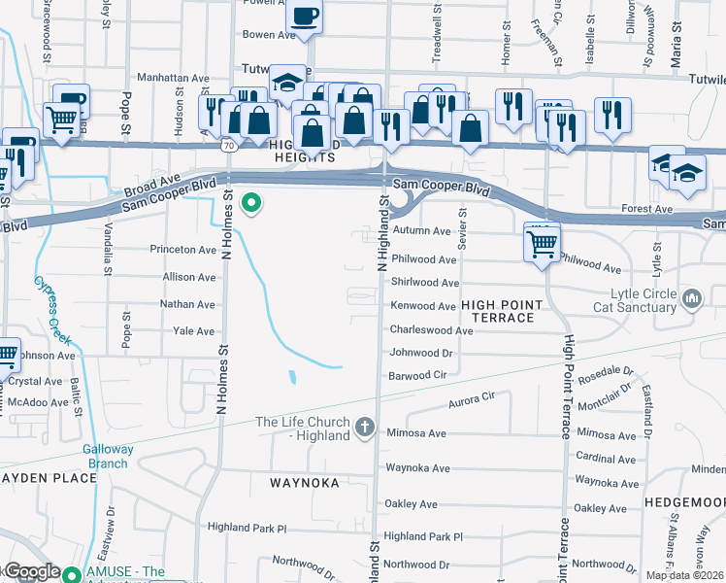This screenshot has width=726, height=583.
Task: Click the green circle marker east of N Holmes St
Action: click(251, 203)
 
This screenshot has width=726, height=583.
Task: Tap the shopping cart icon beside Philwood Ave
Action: click(542, 242)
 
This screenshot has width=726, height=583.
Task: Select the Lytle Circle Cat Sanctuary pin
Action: click(691, 296)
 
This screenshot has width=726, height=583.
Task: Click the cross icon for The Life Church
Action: click(365, 428)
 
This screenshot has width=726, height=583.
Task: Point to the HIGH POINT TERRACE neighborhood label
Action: click(498, 311)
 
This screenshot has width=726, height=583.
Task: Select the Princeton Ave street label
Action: click(182, 250)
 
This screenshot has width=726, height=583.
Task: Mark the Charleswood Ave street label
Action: click(431, 330)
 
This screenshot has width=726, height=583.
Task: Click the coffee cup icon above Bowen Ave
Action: click(304, 17)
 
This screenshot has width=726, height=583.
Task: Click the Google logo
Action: click(31, 572)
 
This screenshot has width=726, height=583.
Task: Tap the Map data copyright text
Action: click(684, 575)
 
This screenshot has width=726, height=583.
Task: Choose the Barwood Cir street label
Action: click(417, 374)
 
